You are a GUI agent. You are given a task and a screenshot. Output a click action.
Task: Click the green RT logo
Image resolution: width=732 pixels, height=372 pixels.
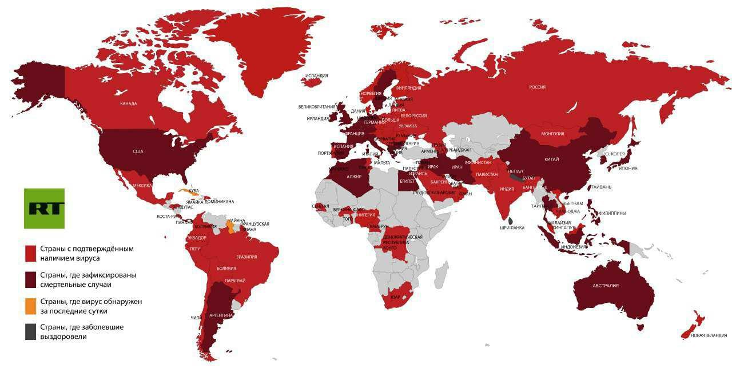(44, 208)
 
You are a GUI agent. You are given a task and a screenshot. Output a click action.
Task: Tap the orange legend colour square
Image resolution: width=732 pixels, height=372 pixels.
(31, 306)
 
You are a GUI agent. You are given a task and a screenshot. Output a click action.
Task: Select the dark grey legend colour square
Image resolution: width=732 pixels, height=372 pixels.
(31, 331)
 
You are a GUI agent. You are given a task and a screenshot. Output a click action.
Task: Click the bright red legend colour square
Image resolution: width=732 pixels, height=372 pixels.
(31, 254)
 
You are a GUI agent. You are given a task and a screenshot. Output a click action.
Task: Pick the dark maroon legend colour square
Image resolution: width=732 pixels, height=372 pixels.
(31, 279)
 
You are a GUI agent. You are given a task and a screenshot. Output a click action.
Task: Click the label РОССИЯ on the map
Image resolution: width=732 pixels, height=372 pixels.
(537, 87)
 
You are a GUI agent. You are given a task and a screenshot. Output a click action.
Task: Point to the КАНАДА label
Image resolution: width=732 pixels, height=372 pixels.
(128, 104)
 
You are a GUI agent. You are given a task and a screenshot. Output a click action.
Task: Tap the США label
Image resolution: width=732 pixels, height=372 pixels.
(138, 151)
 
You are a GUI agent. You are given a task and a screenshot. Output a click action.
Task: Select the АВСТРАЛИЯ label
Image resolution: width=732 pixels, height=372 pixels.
(606, 286)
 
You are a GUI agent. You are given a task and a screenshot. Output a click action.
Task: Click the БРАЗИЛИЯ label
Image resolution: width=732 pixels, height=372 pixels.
(246, 257)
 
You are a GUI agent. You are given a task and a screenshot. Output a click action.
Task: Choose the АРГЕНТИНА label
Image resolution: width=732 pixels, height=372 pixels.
(221, 315)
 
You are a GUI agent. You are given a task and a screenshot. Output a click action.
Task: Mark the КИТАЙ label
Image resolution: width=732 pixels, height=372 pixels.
(551, 159)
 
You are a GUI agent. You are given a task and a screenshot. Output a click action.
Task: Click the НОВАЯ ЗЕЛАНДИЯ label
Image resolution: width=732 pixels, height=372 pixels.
(709, 335)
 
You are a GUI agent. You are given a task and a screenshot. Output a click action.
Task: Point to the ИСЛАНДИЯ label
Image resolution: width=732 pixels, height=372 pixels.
(316, 75)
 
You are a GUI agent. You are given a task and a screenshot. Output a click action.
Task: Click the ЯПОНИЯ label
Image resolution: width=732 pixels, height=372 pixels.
(627, 168)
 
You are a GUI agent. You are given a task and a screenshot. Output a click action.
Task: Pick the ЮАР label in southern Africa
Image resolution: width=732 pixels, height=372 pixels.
(395, 297)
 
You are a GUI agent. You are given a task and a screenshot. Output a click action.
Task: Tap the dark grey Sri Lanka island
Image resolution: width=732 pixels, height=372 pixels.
(511, 220)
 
